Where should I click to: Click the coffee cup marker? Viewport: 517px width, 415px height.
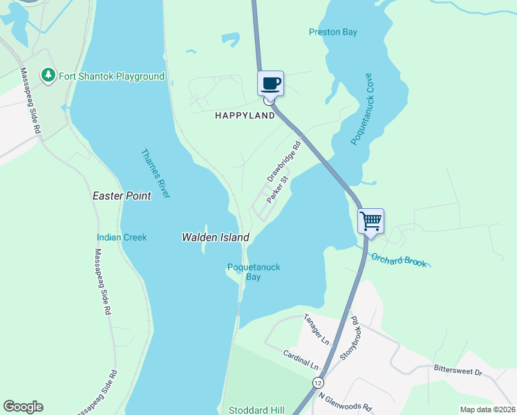[271, 84]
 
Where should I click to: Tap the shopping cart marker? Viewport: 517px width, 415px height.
[370, 221]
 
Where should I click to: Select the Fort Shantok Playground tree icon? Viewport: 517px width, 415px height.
[48, 75]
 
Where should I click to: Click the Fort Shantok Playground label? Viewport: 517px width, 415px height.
[111, 76]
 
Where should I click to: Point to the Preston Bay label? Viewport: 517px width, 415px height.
[332, 32]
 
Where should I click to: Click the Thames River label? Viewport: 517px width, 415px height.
[155, 174]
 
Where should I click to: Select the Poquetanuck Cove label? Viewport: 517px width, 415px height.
[361, 109]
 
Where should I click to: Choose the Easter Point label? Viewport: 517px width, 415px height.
[122, 196]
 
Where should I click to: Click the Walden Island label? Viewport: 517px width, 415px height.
[215, 237]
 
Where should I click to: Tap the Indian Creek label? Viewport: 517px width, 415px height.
[122, 237]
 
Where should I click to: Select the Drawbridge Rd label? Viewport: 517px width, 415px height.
[284, 158]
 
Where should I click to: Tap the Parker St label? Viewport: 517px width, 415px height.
[278, 189]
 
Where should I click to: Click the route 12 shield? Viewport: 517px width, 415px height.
[317, 382]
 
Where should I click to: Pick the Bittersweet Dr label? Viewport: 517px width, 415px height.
[457, 371]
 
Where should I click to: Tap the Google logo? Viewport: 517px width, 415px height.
[23, 407]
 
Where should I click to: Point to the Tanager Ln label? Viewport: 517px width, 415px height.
[317, 329]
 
